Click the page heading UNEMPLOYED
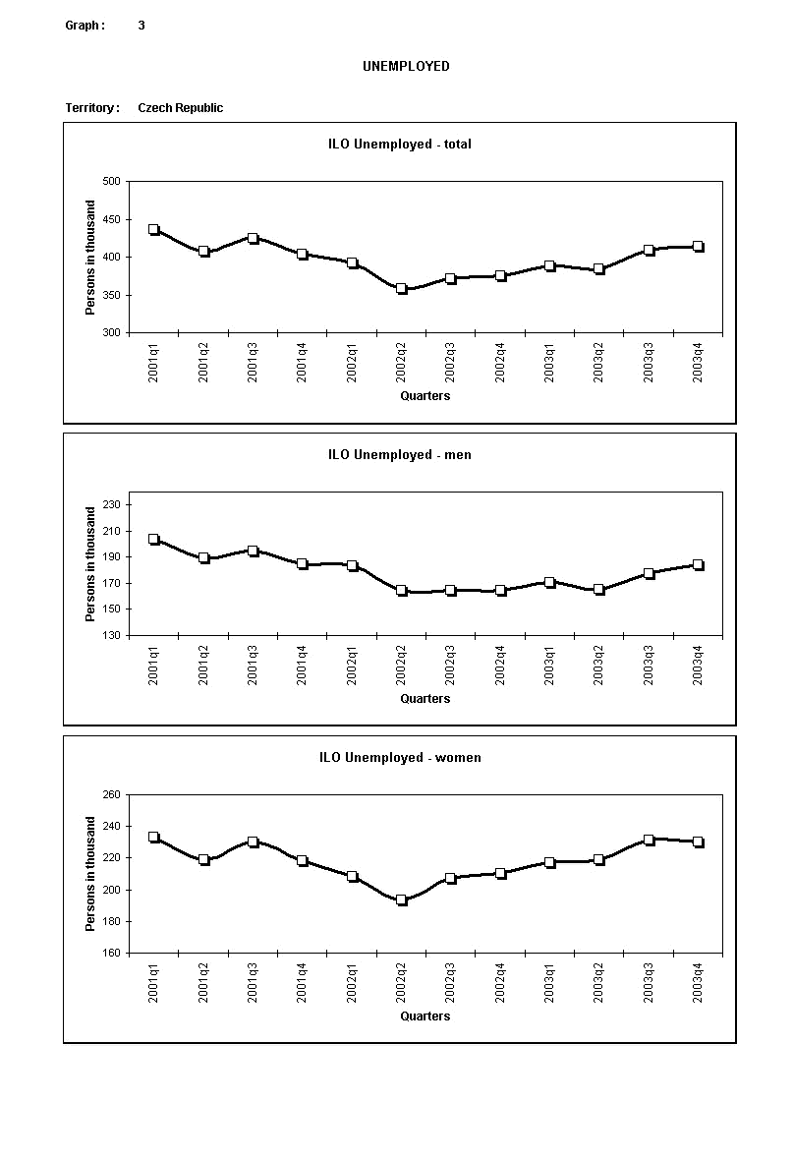(406, 66)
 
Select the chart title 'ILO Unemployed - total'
(400, 144)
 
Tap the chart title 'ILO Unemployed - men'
(400, 455)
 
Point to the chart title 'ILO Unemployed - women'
(400, 758)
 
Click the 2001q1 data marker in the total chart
(153, 230)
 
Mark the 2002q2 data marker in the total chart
(401, 289)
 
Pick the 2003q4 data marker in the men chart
(698, 565)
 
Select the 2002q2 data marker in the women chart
(401, 900)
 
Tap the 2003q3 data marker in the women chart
(649, 841)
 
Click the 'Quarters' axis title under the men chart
(425, 699)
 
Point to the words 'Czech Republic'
(180, 108)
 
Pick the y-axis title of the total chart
(90, 258)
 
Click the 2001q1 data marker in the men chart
(153, 539)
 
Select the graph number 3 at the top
(142, 26)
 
